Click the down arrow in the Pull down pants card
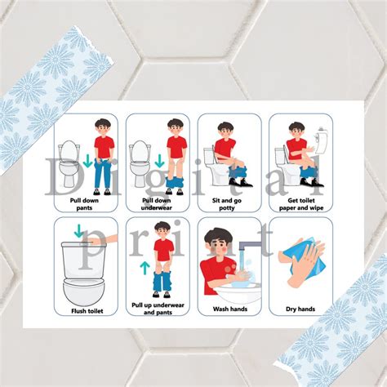[87, 161]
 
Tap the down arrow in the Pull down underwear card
[159, 161]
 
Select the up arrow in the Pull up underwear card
[145, 268]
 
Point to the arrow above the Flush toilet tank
[79, 231]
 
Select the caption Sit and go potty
[227, 204]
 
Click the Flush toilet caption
[87, 311]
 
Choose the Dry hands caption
[300, 309]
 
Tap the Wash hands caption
[230, 309]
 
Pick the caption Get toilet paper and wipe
[301, 204]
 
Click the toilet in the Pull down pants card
[69, 163]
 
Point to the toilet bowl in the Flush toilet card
[84, 291]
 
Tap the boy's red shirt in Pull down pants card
[105, 147]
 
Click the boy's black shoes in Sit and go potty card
[241, 182]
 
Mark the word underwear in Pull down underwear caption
[157, 207]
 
